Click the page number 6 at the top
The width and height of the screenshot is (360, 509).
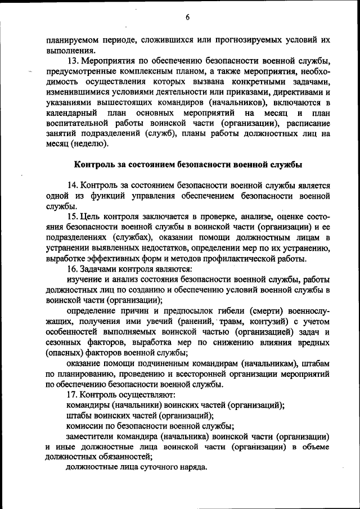(x=187, y=17)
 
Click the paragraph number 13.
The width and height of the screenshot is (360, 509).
(x=72, y=61)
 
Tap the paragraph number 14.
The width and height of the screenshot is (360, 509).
(x=72, y=185)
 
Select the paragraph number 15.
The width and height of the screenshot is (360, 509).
(x=72, y=217)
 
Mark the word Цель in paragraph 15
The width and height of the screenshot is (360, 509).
(x=91, y=217)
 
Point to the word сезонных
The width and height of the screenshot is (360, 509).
(x=65, y=343)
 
